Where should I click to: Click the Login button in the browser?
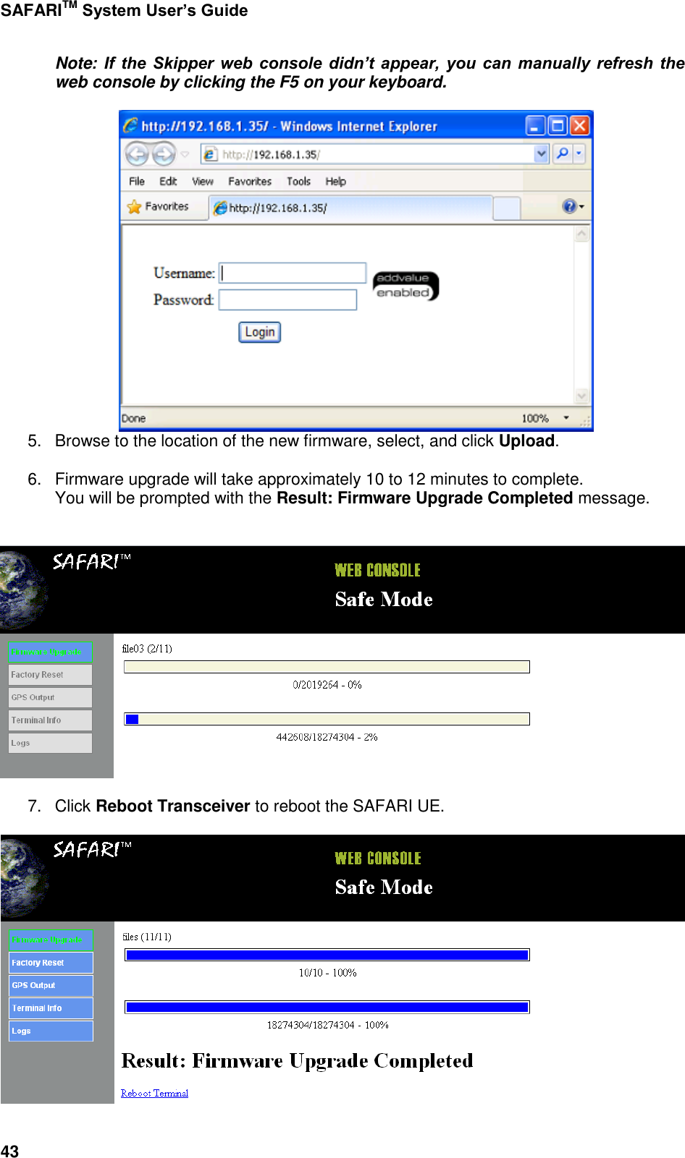(x=259, y=332)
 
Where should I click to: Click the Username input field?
(x=293, y=273)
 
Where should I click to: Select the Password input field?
(x=287, y=299)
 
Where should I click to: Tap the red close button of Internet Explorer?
(x=579, y=126)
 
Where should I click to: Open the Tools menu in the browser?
(x=298, y=182)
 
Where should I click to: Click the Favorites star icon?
(x=135, y=207)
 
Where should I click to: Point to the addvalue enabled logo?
(x=405, y=286)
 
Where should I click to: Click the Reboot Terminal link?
(x=154, y=1093)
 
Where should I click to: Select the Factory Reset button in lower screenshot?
(x=51, y=963)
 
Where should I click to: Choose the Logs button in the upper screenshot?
(x=50, y=743)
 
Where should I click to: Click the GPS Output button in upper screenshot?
(x=50, y=697)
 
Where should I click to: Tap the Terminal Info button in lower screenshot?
(x=51, y=1008)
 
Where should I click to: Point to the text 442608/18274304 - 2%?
(x=327, y=737)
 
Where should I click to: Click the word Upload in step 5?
(x=526, y=441)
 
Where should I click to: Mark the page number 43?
(x=10, y=1151)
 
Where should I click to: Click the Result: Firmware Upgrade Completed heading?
(x=297, y=1061)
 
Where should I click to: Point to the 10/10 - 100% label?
(x=327, y=973)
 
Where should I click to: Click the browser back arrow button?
(x=137, y=153)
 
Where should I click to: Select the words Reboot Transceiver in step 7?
(x=172, y=806)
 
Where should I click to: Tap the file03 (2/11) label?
(x=147, y=649)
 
